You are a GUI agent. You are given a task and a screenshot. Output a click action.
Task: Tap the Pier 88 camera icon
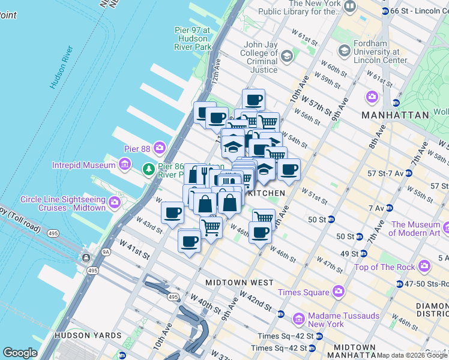tap(160, 147)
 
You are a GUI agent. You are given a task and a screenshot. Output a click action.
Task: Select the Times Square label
tap(303, 292)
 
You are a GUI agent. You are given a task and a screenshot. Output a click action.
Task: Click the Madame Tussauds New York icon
tap(299, 318)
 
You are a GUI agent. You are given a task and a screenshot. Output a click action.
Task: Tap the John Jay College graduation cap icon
tap(286, 57)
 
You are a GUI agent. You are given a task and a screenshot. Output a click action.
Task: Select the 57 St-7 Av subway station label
tap(388, 173)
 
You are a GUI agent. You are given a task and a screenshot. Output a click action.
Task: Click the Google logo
tap(20, 353)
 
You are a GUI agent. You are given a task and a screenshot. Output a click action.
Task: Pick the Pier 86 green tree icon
tap(148, 170)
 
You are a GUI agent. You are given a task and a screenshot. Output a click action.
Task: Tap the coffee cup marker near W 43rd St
tap(172, 212)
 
